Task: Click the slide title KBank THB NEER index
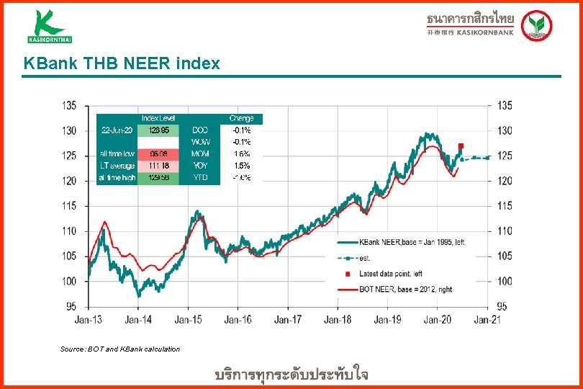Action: pyautogui.click(x=122, y=64)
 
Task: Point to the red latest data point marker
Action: pyautogui.click(x=461, y=146)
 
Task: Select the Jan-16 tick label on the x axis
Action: pyautogui.click(x=238, y=319)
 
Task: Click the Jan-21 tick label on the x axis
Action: pyautogui.click(x=487, y=319)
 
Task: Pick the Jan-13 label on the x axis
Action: pyautogui.click(x=88, y=319)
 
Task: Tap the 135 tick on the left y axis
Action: pyautogui.click(x=69, y=106)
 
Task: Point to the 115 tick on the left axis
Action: pyautogui.click(x=69, y=206)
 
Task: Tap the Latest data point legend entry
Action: pyautogui.click(x=390, y=274)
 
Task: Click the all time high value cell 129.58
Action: pyautogui.click(x=159, y=177)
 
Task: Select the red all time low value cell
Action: pyautogui.click(x=159, y=153)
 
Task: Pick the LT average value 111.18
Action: pyautogui.click(x=159, y=166)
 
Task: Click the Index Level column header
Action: pyautogui.click(x=158, y=118)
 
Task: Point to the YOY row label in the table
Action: pyautogui.click(x=199, y=166)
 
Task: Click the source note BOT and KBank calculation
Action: pyautogui.click(x=120, y=349)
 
